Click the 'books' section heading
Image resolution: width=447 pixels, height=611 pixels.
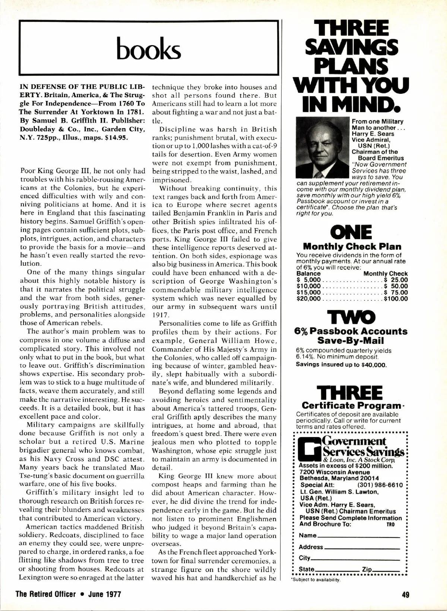pos(149,48)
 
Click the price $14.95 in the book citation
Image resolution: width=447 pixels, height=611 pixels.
pos(117,137)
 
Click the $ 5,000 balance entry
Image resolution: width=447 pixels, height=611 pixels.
pos(309,280)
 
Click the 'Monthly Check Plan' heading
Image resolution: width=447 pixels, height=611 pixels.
pos(352,247)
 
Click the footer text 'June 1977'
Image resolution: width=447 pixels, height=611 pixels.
pos(105,594)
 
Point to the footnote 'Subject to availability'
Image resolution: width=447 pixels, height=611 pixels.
pos(316,580)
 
